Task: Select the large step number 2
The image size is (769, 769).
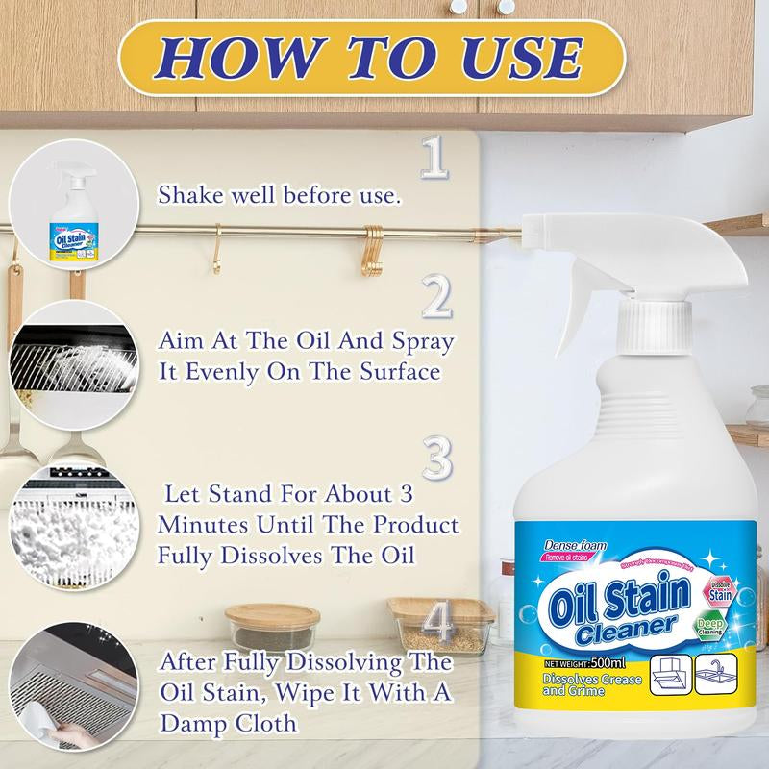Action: point(437,298)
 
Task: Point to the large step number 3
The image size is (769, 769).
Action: point(437,459)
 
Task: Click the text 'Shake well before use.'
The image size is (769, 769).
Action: point(279,195)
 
